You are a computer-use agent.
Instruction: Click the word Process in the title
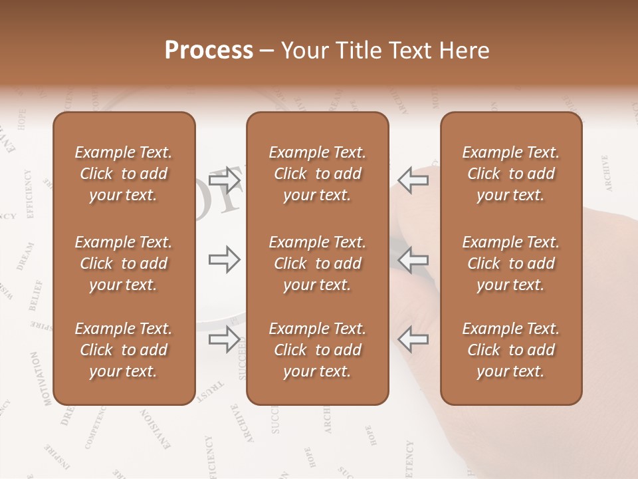coord(209,51)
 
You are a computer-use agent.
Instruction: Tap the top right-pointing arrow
coord(225,180)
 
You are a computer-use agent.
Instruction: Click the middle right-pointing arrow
coord(225,259)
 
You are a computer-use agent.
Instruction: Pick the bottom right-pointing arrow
coord(225,339)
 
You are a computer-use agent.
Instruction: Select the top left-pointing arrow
coord(413,180)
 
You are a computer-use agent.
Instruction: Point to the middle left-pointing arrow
coord(413,259)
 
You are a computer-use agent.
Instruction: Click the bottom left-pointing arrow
coord(413,339)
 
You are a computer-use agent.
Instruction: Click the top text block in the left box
coord(124,174)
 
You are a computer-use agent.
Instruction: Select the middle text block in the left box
coord(124,263)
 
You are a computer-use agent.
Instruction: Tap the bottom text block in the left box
coord(124,350)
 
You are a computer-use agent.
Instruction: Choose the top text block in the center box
coord(318,174)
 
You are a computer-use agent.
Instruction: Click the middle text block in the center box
coord(318,263)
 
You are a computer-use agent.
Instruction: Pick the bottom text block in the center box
coord(318,350)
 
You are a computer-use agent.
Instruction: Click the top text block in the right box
coord(511,174)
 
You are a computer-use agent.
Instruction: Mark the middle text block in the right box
coord(511,263)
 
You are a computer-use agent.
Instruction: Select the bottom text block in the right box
coord(511,350)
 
